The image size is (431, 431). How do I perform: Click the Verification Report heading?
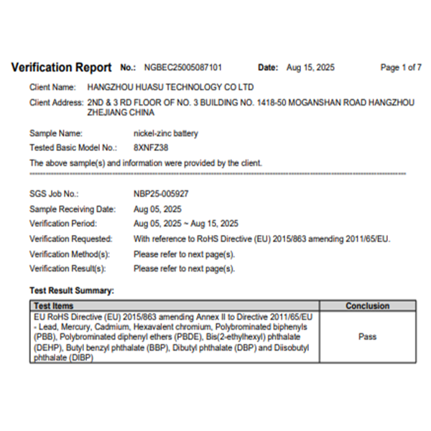(x=62, y=68)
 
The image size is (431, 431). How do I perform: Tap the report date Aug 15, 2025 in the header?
(x=310, y=68)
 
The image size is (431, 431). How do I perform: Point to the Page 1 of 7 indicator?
(x=401, y=68)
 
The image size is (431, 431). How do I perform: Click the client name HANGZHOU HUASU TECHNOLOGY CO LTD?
(x=170, y=86)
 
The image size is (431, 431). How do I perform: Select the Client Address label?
(x=57, y=103)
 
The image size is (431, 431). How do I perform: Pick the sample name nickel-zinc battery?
(x=166, y=133)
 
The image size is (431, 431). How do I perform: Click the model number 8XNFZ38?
(x=149, y=147)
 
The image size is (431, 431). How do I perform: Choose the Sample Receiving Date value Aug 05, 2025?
(x=157, y=209)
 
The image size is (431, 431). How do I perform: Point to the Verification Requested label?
(x=70, y=238)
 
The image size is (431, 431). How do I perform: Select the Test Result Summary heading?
(x=71, y=291)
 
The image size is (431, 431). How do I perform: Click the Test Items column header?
(x=54, y=306)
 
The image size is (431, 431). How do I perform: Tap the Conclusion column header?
(x=367, y=306)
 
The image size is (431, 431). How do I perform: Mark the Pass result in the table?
(x=367, y=335)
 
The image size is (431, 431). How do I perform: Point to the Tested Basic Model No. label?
(x=73, y=147)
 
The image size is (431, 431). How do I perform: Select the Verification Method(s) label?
(x=69, y=254)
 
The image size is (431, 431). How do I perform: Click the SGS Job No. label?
(x=54, y=194)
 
